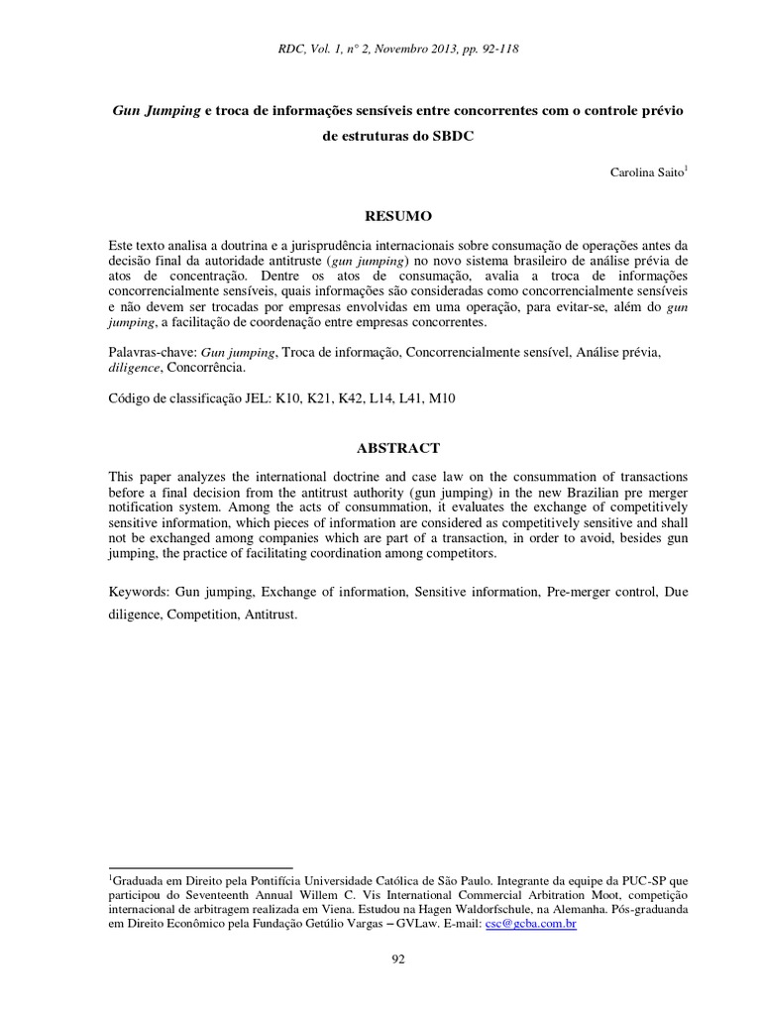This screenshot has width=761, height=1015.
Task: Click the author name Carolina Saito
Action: coord(646,172)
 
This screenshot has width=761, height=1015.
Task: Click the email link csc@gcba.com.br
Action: coord(531,923)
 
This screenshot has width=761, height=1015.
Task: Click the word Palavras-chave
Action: coord(151,351)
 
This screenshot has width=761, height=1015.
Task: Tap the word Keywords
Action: coord(139,591)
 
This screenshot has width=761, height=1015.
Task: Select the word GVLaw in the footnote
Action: coord(451,923)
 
